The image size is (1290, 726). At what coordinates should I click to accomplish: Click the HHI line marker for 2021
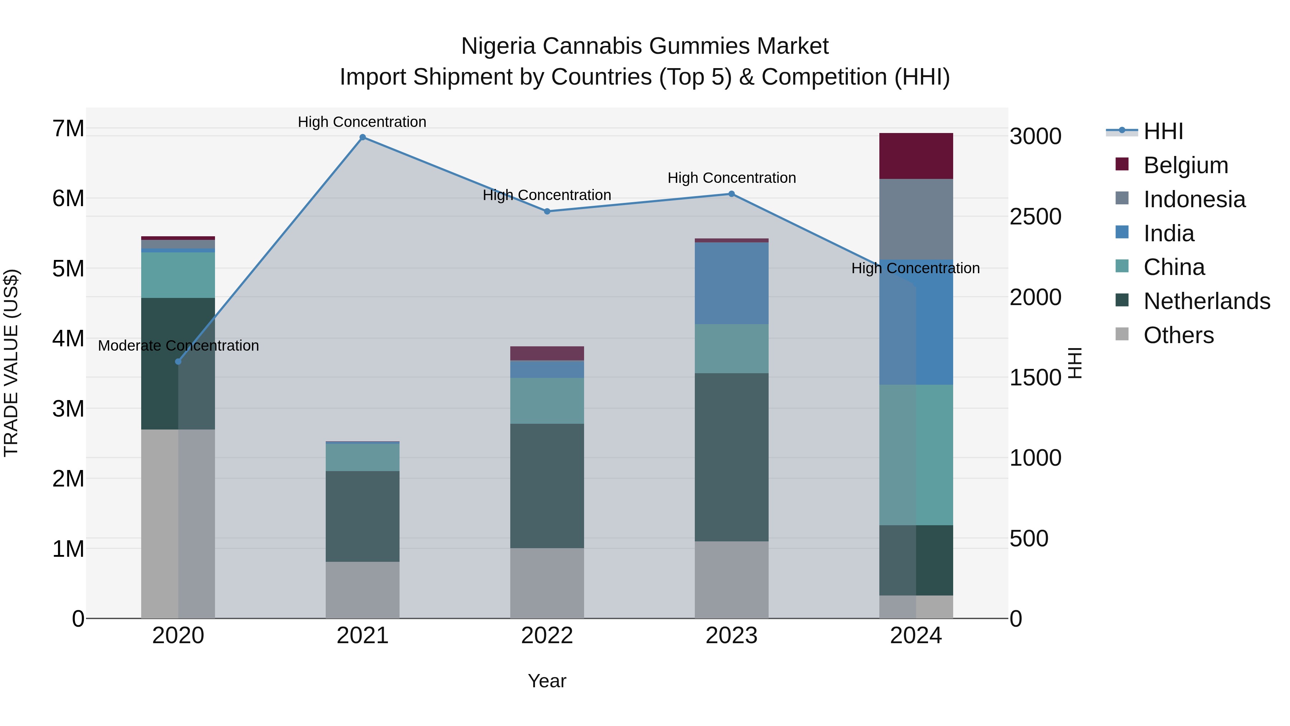363,137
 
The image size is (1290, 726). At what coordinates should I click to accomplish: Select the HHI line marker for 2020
178,361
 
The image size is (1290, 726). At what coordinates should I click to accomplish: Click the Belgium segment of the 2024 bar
916,156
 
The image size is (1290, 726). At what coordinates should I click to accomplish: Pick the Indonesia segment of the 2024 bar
916,219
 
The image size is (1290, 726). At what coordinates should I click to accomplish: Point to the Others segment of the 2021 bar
363,590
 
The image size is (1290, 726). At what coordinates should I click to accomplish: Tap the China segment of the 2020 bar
178,275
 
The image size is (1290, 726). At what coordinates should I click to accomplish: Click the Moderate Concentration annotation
178,346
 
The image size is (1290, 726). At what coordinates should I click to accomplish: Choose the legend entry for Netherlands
1207,301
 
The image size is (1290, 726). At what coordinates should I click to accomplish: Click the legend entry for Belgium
1185,165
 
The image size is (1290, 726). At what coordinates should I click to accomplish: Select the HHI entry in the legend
1163,131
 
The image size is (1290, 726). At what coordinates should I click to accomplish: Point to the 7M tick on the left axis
68,129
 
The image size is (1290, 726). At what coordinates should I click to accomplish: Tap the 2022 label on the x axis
547,636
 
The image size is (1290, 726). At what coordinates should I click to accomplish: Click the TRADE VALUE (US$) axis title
11,363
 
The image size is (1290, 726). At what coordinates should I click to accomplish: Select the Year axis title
547,681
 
